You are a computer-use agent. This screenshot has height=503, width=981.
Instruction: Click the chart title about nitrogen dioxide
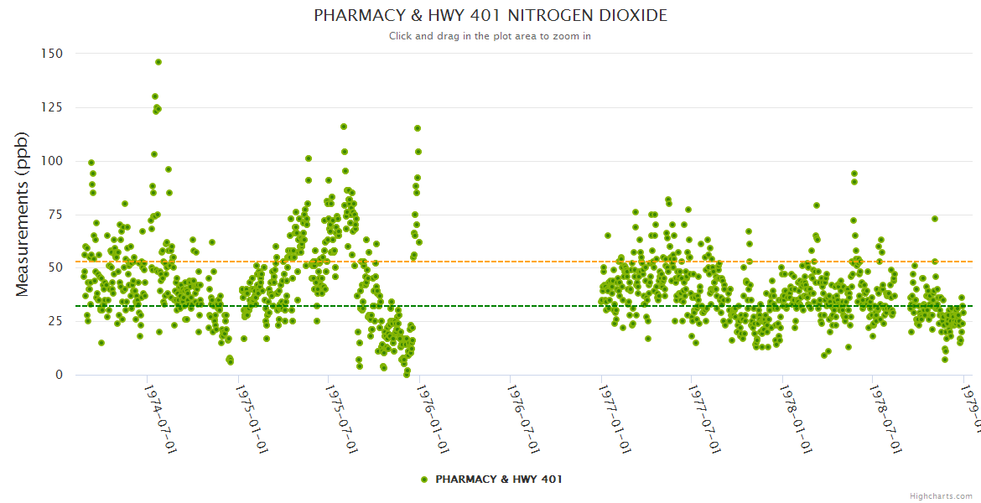[x=490, y=16]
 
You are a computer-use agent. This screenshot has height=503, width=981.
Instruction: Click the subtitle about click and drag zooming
[x=490, y=36]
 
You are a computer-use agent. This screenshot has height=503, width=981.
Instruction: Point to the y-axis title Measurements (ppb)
[x=23, y=214]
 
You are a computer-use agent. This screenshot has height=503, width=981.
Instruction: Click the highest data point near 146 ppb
[x=158, y=62]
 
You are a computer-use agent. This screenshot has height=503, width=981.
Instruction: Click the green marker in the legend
[x=424, y=480]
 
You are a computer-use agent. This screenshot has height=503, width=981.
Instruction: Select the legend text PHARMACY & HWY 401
[x=499, y=480]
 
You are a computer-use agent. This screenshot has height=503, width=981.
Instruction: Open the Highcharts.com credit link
[x=941, y=495]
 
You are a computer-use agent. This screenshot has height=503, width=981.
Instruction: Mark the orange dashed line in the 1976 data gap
[x=511, y=262]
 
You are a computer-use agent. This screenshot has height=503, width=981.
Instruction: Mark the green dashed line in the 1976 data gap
[x=511, y=306]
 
